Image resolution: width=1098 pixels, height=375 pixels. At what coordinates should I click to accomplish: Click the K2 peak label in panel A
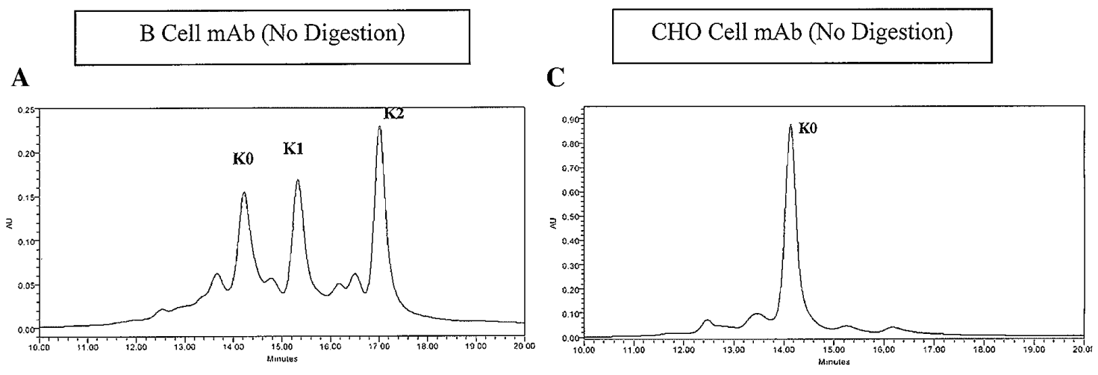(x=394, y=114)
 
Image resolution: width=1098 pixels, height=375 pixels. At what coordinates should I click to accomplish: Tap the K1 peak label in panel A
(x=293, y=149)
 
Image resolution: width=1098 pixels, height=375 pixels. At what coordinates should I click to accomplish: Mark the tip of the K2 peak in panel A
(x=379, y=126)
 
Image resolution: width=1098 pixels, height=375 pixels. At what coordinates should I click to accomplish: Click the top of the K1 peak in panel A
(x=298, y=180)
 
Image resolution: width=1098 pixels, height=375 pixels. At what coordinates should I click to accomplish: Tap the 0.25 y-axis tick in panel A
(x=26, y=110)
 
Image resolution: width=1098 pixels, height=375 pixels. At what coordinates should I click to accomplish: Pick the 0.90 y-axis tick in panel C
(x=571, y=119)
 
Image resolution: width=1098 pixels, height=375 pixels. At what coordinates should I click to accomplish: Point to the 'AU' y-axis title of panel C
(x=553, y=223)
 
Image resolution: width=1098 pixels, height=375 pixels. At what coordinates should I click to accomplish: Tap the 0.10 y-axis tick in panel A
(x=26, y=241)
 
